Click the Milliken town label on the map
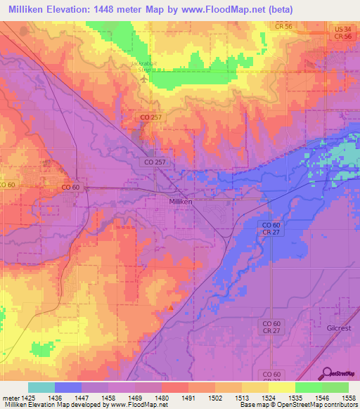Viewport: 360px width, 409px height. tap(181, 200)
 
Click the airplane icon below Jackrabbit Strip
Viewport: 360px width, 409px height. tap(144, 79)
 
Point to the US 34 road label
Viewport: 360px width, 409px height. tap(342, 28)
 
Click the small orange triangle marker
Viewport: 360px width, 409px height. tap(170, 306)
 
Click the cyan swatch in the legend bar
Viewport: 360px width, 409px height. tap(41, 387)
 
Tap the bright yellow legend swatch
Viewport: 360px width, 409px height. tap(281, 387)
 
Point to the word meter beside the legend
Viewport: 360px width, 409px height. tap(9, 398)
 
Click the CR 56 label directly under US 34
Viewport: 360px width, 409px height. tap(342, 36)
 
